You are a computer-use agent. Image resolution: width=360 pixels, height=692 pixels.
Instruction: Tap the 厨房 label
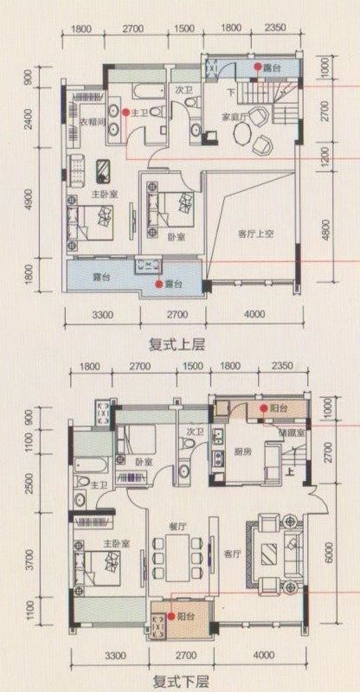click(x=242, y=452)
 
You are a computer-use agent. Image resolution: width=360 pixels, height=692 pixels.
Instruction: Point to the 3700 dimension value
click(x=29, y=560)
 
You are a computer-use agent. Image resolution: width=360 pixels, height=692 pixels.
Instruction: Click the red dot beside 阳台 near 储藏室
click(x=261, y=408)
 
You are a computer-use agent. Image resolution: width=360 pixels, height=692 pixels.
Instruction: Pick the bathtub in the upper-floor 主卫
click(x=147, y=90)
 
